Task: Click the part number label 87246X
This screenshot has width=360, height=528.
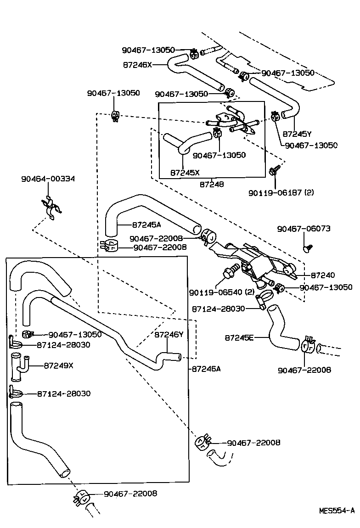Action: point(136,65)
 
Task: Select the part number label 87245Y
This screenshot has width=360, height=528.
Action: point(297,134)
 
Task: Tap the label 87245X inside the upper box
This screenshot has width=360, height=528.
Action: point(185,173)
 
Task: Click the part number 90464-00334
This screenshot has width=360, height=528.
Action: point(48,179)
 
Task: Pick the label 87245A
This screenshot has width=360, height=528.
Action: point(146,225)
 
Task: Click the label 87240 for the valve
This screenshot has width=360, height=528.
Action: point(323,275)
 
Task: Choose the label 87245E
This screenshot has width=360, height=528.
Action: point(239,337)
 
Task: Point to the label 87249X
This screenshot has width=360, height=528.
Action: point(58,365)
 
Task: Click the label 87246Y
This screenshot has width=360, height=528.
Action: point(169,335)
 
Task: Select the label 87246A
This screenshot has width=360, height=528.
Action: point(206,368)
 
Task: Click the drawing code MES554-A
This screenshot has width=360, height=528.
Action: point(337,510)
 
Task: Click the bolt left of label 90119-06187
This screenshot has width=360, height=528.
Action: point(274,171)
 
